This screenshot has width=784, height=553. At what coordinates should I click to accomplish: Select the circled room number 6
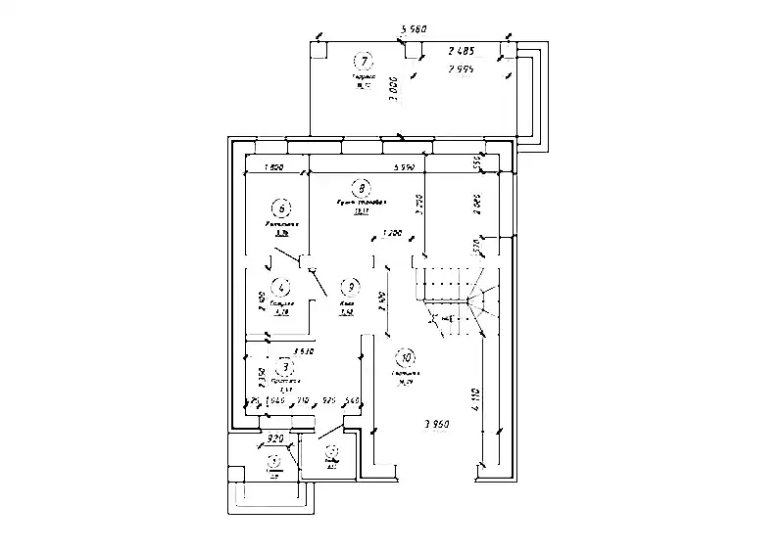point(282,207)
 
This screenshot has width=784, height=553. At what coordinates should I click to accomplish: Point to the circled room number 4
point(282,288)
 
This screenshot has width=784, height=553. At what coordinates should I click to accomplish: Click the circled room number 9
point(349,288)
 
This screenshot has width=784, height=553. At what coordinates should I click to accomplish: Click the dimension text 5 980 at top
point(416,29)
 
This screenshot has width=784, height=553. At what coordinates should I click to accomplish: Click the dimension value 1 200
point(392,234)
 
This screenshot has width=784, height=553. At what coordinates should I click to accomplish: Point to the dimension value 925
point(329,401)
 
